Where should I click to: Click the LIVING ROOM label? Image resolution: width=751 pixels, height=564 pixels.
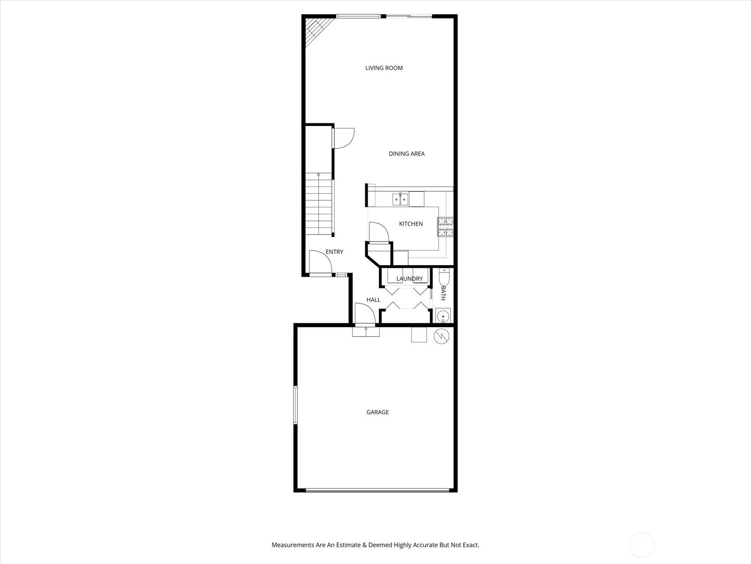[x=384, y=68]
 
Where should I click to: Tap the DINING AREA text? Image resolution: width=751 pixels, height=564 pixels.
[x=406, y=154]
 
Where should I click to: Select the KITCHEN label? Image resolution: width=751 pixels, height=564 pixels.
[x=411, y=224]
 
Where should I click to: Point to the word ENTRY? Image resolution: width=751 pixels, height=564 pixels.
[x=334, y=252]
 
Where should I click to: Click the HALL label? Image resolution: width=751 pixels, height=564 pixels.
[x=373, y=300]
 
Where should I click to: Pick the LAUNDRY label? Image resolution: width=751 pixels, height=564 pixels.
[x=410, y=279]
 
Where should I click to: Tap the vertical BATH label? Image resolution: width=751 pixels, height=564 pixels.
[x=443, y=293]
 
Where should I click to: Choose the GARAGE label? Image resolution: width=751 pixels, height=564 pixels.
[x=377, y=412]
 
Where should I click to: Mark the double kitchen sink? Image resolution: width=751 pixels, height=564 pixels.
[x=400, y=199]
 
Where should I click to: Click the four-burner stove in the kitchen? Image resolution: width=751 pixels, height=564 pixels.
[x=445, y=227]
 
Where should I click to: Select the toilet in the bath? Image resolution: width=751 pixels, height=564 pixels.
[x=444, y=277]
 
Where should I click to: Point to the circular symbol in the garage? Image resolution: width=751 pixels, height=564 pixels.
[x=441, y=337]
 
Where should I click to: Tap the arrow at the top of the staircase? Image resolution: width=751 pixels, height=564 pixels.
[x=319, y=175]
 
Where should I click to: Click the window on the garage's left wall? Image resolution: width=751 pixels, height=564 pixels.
[x=295, y=405]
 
